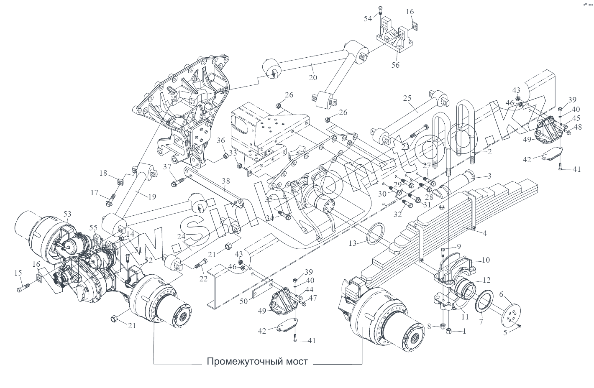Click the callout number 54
point(367,19)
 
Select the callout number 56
point(395,65)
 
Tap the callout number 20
point(313,77)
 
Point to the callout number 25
point(407,98)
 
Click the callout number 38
point(226,181)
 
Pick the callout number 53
point(67,214)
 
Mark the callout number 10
point(485,260)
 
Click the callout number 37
point(167,167)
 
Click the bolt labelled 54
point(380,10)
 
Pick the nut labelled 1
point(448,332)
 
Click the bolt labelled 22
point(201,263)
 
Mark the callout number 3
point(489,176)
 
